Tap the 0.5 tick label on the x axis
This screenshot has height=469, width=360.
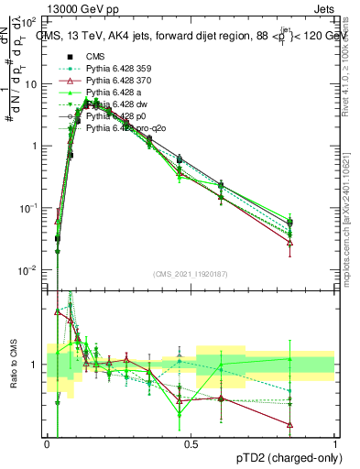(x=191, y=443)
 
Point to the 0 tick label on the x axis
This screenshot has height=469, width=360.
(x=48, y=443)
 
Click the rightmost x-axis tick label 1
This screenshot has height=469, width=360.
(x=335, y=443)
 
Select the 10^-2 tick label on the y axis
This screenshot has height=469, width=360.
(x=30, y=269)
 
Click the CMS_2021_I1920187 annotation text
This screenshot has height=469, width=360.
(x=191, y=274)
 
